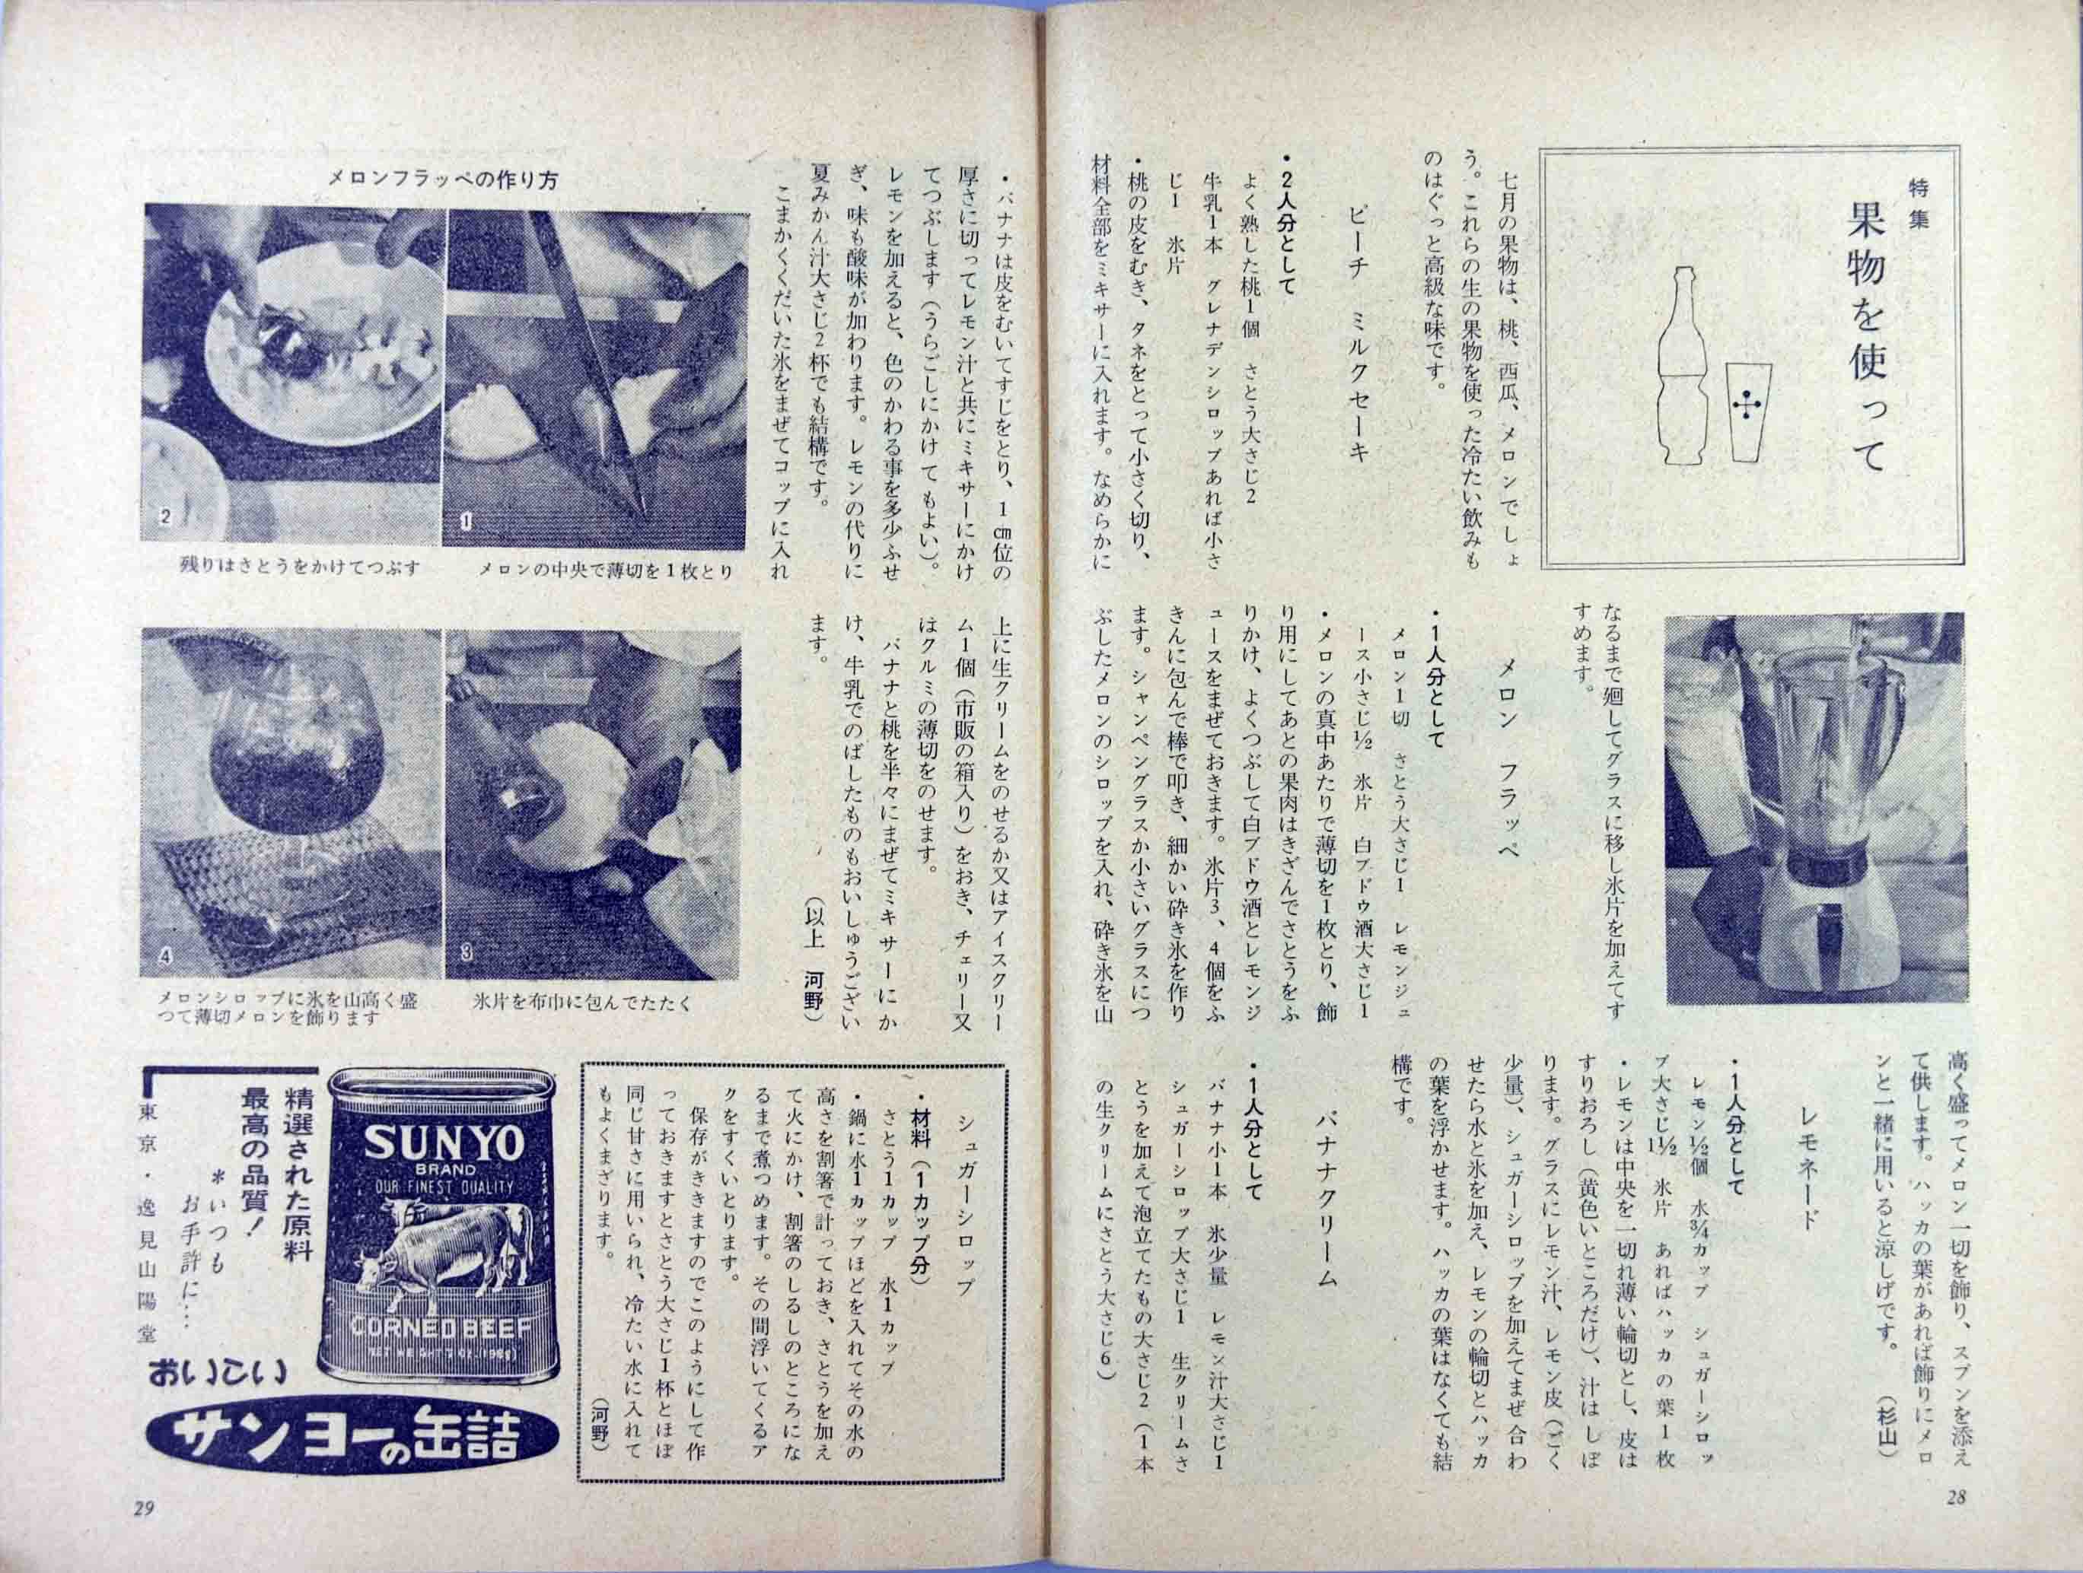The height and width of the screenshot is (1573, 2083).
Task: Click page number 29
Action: (144, 1533)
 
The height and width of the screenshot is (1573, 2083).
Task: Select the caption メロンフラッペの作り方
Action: (445, 179)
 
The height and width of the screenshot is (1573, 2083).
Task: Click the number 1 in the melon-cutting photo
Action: (467, 518)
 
